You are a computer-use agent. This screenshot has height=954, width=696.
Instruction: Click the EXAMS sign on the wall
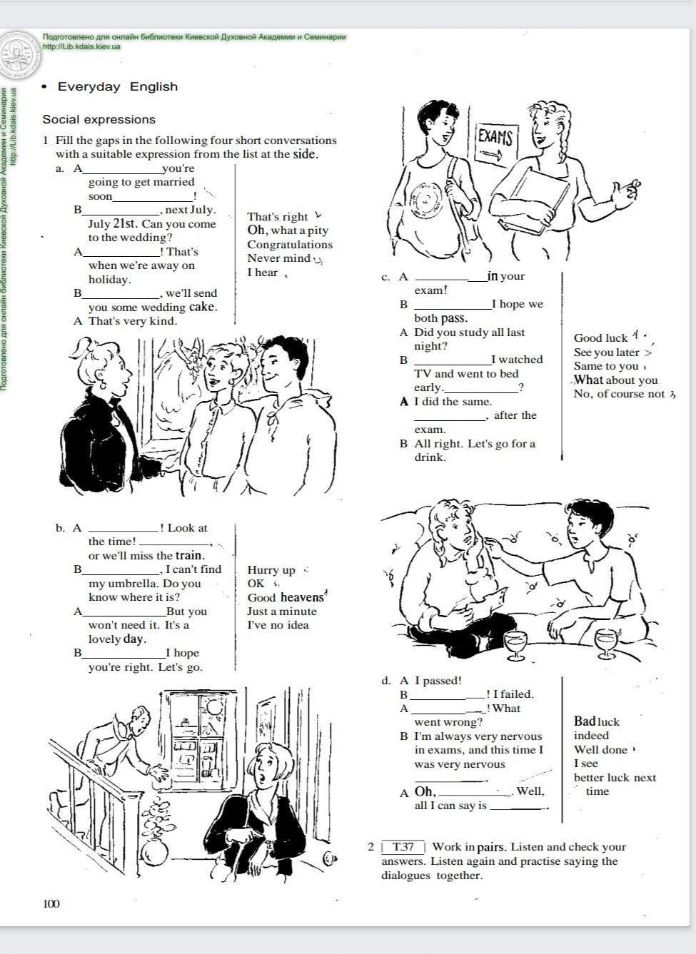[x=496, y=143]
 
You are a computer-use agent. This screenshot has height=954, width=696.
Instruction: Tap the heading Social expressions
[x=99, y=119]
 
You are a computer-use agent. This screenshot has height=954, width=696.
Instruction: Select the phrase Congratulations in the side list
[x=290, y=245]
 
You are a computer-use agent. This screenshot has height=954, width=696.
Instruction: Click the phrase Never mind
[x=278, y=258]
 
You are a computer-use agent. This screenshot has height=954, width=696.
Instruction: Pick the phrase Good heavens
[x=286, y=597]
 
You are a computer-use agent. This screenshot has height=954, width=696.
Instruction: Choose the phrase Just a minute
[x=282, y=612]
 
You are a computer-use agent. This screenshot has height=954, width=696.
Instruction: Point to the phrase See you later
[x=606, y=352]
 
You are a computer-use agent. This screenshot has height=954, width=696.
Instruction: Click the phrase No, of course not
[x=619, y=394]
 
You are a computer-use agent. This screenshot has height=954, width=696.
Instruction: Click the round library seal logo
[x=19, y=56]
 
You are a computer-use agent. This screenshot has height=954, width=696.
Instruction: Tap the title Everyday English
[x=118, y=86]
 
